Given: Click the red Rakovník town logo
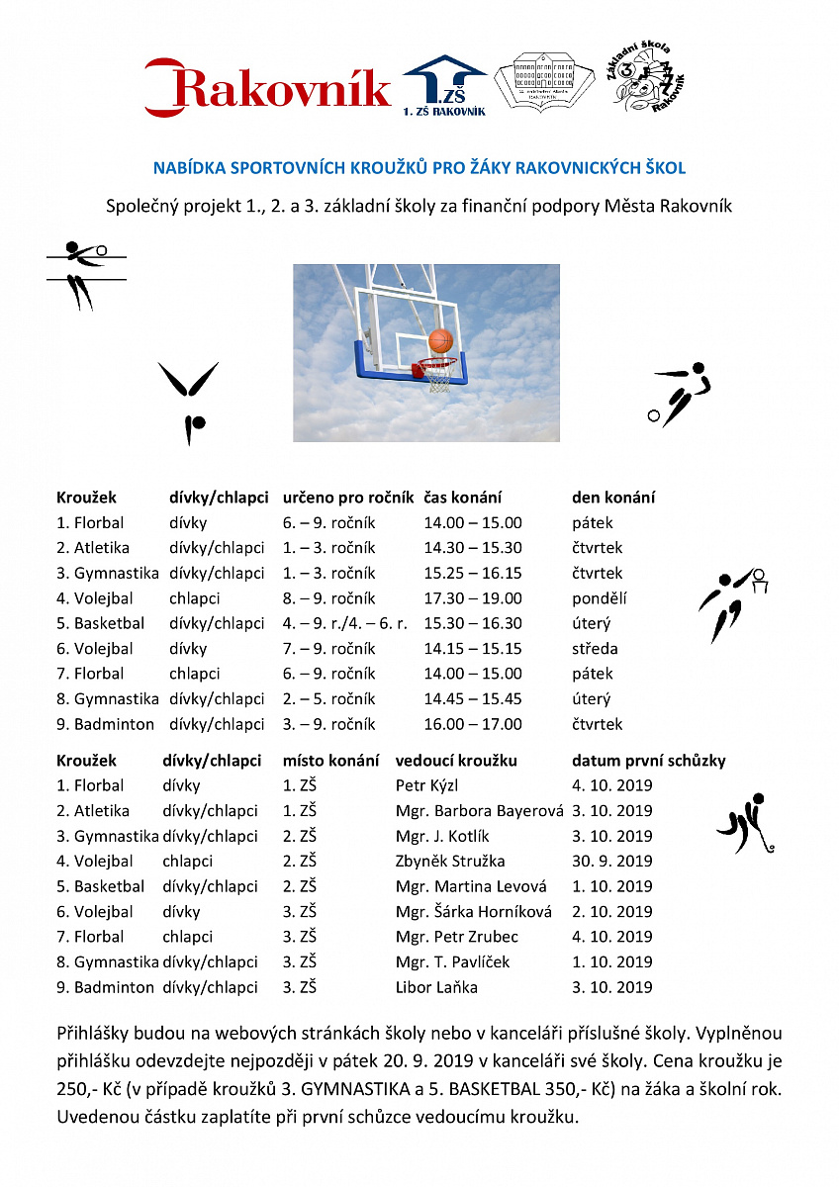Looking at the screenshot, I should pos(267,87).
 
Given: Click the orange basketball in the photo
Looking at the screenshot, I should pos(440,341).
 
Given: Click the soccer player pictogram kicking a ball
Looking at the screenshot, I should pos(681,394).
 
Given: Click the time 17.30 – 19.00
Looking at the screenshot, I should pos(473,598).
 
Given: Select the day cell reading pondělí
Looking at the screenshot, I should pos(600,598).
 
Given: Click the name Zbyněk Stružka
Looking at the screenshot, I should pos(450,862).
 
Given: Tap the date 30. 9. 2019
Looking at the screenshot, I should pos(612,862).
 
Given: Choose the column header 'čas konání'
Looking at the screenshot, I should pos(463,498).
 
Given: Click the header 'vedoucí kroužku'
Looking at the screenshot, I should pos(456,761).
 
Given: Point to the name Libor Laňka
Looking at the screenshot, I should pos(436,987).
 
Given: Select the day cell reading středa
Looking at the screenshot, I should pos(595,649).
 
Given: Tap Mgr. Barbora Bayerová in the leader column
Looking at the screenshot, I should pos(479,811).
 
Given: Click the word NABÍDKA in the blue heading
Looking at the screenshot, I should pos(188,168).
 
